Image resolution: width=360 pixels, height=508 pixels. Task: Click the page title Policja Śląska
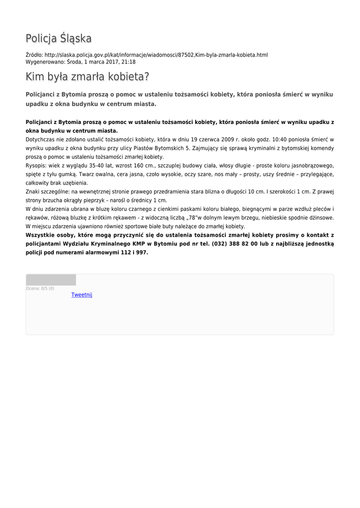[x=59, y=38]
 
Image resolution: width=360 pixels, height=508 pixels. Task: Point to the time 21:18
[x=129, y=62]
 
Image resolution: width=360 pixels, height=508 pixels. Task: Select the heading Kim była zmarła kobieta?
[x=87, y=77]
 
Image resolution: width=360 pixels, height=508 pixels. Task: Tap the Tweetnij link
[x=82, y=295]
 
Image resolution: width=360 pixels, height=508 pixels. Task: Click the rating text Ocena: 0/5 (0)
[x=40, y=288]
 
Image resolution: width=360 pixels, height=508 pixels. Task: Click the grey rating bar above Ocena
[x=51, y=280]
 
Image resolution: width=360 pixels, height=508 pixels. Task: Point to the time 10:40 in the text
[x=281, y=140]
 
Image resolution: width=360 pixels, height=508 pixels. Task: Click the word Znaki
[x=33, y=191]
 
